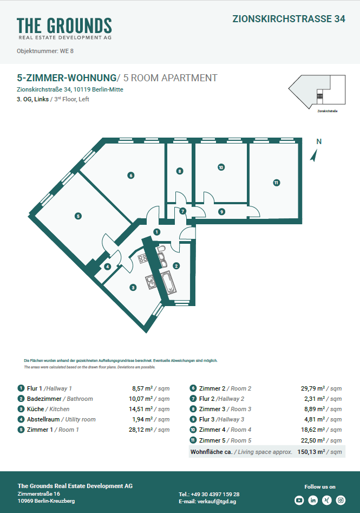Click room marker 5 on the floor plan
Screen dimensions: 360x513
click(x=78, y=216)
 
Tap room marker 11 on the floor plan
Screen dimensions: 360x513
click(x=276, y=183)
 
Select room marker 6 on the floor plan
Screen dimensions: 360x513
click(x=130, y=175)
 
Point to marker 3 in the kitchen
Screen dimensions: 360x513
click(x=133, y=288)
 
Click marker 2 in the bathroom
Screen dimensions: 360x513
click(x=176, y=265)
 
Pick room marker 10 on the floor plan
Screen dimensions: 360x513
click(x=221, y=167)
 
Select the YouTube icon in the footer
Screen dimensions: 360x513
click(x=299, y=500)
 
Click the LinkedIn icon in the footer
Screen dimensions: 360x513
click(x=313, y=500)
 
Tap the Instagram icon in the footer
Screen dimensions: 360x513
click(x=341, y=500)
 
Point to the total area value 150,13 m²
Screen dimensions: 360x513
click(x=319, y=451)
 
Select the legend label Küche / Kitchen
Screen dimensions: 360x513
click(x=48, y=409)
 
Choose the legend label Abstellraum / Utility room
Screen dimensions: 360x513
click(x=61, y=419)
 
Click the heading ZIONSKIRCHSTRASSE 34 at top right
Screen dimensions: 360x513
click(x=289, y=18)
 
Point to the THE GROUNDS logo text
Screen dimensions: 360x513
click(x=64, y=25)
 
